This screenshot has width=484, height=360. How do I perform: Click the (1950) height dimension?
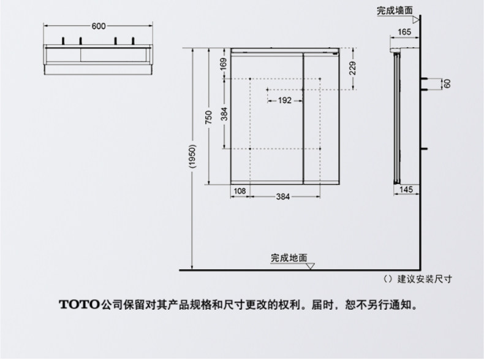point(192,158)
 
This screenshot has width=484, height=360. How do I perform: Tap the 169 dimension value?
point(224,63)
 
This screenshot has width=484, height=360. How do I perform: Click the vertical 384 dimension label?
point(224,114)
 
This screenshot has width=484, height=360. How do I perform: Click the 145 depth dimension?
point(406,190)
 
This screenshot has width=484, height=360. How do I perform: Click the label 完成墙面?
point(394,10)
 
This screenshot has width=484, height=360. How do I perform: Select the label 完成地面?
point(289,258)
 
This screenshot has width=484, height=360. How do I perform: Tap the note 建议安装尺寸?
point(425,279)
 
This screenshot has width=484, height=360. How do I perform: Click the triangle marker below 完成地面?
point(311,266)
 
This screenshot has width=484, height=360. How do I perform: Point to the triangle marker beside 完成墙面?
point(416,19)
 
